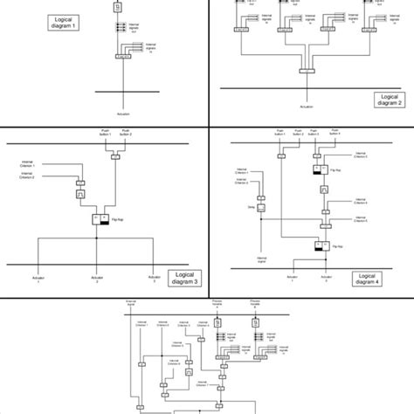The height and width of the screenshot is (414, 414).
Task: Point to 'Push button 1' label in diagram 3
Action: [x=106, y=133]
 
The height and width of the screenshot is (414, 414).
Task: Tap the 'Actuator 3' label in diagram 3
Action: [x=153, y=280]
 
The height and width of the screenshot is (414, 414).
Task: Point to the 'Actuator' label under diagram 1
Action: [x=121, y=114]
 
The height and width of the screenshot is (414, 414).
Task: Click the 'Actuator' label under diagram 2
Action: [x=307, y=106]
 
